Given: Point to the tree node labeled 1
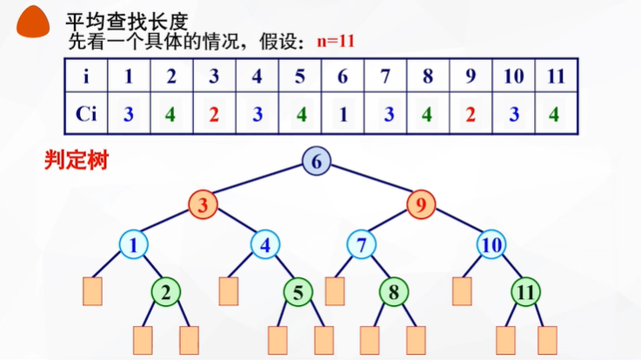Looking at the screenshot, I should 134,245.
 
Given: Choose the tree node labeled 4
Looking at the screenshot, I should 265,245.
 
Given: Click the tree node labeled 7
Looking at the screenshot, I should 362,245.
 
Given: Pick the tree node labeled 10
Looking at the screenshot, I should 491,245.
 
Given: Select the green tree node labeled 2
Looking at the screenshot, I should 165,292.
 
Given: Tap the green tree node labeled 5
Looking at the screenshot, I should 297,292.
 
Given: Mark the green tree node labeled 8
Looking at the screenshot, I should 393,292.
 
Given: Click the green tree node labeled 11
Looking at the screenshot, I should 524,292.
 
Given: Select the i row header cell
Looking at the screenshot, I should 86,76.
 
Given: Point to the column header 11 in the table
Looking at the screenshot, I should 556,76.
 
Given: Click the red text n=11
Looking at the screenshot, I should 336,40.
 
